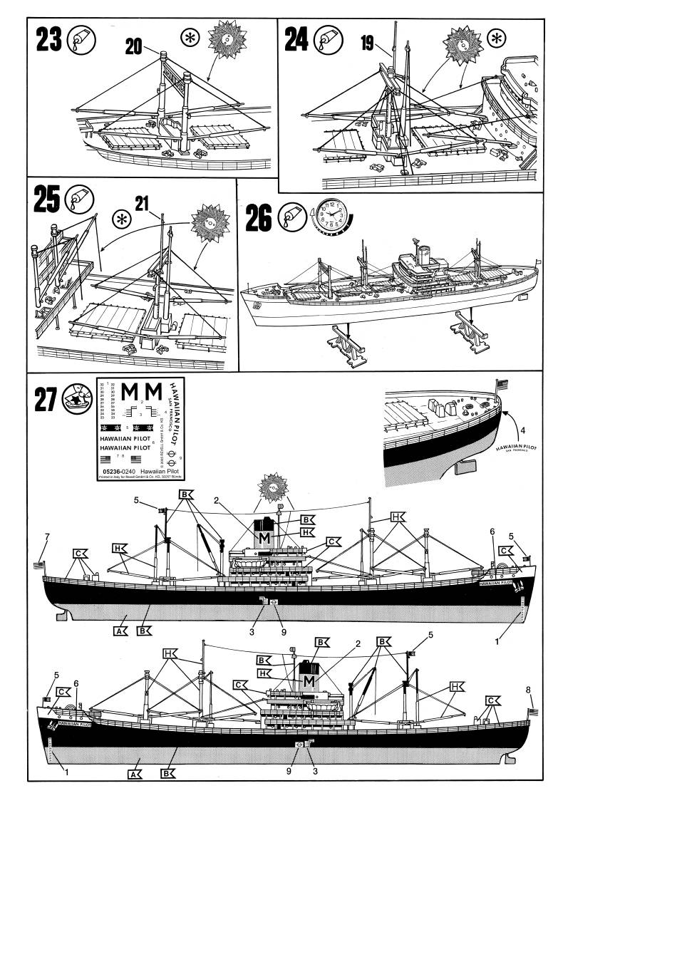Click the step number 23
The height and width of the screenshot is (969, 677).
(48, 39)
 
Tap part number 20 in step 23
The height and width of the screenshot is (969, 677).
(133, 47)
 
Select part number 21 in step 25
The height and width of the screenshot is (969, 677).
(142, 204)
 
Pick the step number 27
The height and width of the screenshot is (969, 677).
(45, 400)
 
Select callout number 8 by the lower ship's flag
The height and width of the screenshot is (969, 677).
(528, 690)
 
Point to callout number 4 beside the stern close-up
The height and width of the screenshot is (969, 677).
(522, 430)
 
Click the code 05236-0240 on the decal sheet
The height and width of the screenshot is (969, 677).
(115, 472)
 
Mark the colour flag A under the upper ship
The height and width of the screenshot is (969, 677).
(120, 630)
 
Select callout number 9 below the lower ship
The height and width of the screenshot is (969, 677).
(290, 770)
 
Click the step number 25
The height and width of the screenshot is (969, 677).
(47, 200)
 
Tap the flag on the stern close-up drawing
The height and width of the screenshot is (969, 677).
(504, 385)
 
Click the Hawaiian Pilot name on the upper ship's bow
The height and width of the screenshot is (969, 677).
(496, 582)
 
